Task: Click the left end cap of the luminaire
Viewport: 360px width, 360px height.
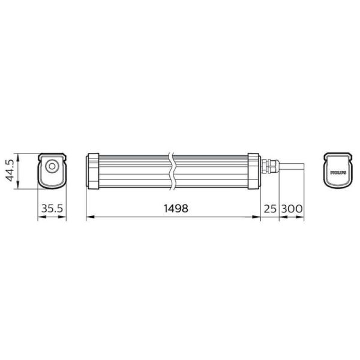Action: (x=93, y=170)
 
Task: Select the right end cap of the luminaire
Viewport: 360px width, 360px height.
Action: (x=253, y=170)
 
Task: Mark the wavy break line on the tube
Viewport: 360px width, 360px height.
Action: (x=172, y=170)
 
